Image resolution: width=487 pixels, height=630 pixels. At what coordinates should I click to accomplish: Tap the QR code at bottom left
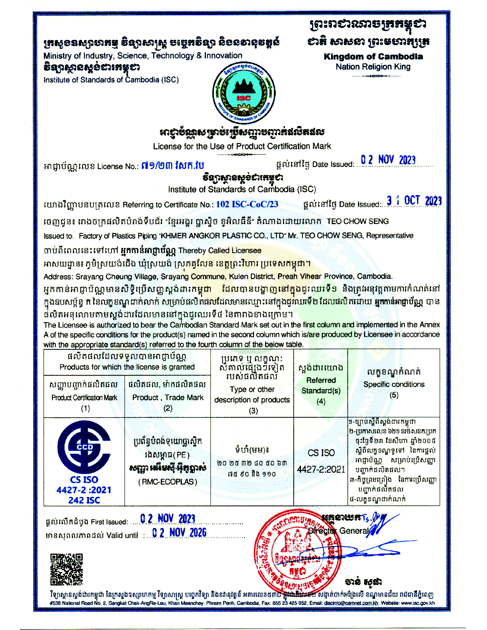66,569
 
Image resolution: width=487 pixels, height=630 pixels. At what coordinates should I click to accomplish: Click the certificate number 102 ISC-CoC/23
247,204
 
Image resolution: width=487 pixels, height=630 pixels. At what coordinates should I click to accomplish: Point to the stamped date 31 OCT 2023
414,201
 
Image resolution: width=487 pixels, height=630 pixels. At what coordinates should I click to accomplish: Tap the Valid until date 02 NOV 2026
179,533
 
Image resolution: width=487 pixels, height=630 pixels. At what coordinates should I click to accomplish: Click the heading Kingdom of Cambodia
373,57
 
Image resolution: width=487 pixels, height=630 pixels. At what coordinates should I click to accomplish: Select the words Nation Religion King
373,67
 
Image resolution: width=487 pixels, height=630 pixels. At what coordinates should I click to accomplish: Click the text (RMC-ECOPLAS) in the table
168,482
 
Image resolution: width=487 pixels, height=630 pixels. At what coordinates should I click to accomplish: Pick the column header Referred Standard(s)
321,386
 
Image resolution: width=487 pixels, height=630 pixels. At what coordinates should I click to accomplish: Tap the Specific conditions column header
394,384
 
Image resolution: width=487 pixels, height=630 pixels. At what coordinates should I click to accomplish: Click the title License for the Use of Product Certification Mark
242,146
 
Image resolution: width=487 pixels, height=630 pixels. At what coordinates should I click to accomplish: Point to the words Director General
338,531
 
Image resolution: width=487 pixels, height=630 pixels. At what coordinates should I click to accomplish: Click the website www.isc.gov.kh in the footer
418,603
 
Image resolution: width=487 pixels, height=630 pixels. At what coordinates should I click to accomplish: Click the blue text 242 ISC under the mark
84,500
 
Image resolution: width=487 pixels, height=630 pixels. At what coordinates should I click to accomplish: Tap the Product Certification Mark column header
84,397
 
